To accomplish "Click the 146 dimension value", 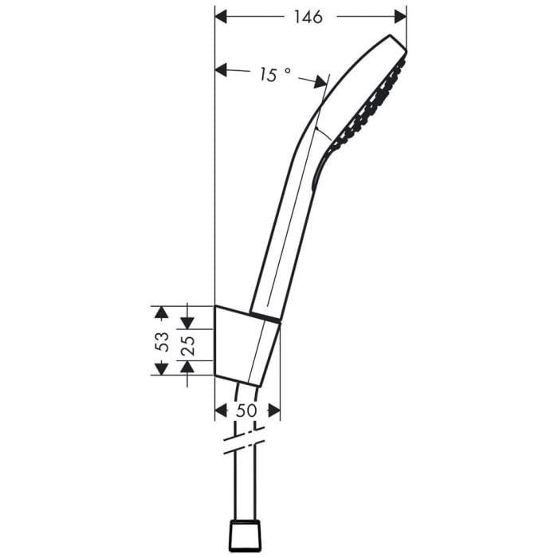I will tap(307, 17).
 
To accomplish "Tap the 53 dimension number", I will tap(163, 341).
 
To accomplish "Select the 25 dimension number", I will tap(188, 344).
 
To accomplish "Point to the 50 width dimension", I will tap(247, 411).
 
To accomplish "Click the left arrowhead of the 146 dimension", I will tap(223, 16).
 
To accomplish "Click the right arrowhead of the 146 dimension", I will tap(400, 16).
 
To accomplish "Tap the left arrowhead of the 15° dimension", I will tap(222, 71).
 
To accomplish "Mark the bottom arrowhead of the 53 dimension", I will tap(161, 367).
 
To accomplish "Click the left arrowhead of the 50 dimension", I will tap(222, 411).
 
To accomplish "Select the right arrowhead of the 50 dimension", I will tap(273, 411).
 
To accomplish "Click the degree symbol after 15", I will tap(288, 70).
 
